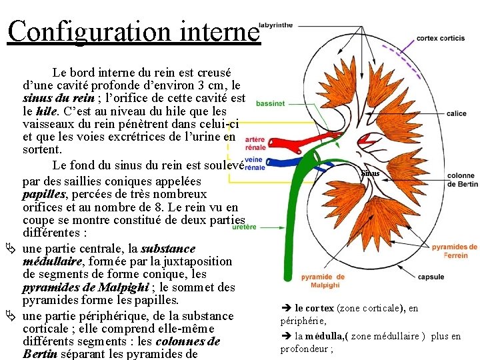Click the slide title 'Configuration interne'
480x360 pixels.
tap(133, 31)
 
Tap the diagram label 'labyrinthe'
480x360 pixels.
tap(275, 25)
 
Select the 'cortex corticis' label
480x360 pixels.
tap(441, 39)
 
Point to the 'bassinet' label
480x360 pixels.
tap(270, 104)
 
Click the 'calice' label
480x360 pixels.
tap(456, 114)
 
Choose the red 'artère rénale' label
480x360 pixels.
tap(255, 143)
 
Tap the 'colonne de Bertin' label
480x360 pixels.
tap(461, 179)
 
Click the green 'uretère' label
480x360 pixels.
tap(243, 227)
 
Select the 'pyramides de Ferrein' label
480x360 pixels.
tap(454, 251)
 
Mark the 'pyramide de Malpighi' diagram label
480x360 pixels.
tap(323, 281)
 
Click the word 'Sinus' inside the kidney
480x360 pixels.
tap(370, 173)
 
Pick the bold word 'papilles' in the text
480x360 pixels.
tap(44, 194)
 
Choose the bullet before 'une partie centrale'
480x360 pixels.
tap(11, 248)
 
